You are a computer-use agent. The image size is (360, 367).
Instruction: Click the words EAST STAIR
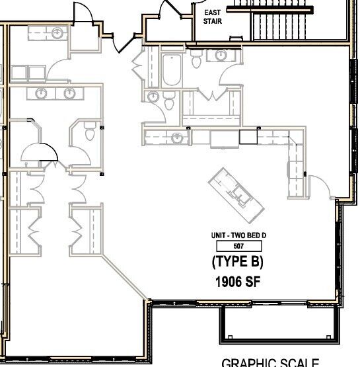pyautogui.click(x=212, y=16)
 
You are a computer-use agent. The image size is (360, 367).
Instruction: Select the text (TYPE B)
pyautogui.click(x=238, y=261)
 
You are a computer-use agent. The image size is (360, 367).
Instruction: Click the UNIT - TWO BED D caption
pyautogui.click(x=238, y=235)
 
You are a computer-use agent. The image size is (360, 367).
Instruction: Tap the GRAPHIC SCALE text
pyautogui.click(x=270, y=362)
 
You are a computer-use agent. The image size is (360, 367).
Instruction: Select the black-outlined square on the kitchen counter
pyautogui.click(x=247, y=137)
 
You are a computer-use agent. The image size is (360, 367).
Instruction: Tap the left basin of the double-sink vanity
pyautogui.click(x=41, y=93)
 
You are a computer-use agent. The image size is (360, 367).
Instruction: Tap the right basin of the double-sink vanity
pyautogui.click(x=69, y=93)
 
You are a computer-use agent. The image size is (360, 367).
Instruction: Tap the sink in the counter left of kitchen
pyautogui.click(x=176, y=138)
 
